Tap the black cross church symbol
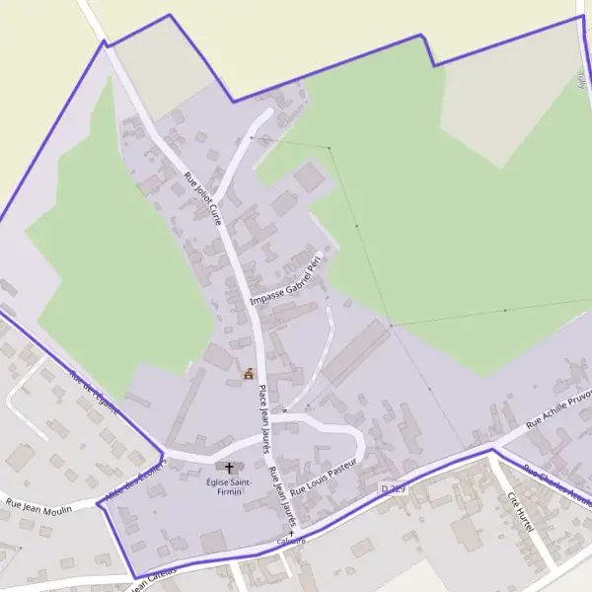[x=230, y=467]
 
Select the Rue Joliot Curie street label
[x=203, y=197]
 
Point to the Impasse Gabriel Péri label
[x=287, y=281]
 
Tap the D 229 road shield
[x=392, y=487]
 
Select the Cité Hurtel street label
[x=519, y=513]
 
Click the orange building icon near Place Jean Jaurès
[x=249, y=374]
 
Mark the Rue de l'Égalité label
[x=93, y=392]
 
